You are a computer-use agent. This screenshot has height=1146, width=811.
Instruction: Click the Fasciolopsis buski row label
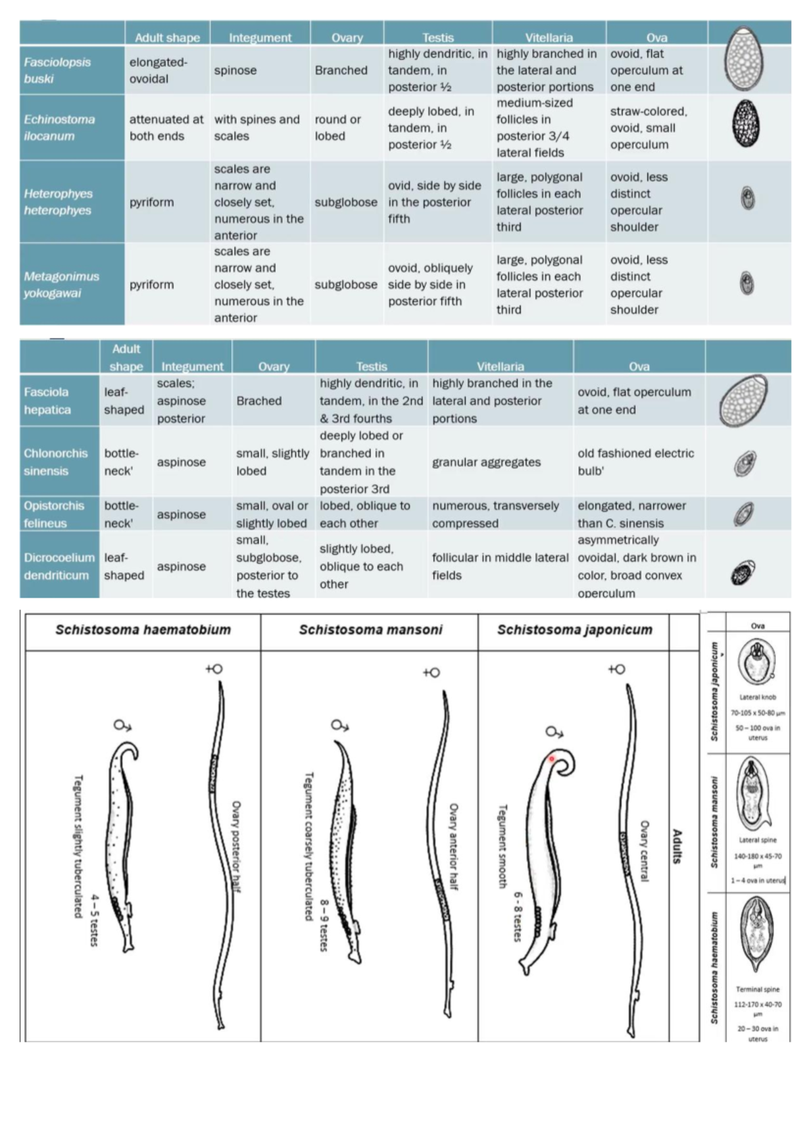coord(57,70)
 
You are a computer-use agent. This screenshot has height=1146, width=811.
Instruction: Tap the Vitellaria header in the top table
coord(549,37)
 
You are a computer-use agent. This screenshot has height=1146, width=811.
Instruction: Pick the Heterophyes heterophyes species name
coord(57,201)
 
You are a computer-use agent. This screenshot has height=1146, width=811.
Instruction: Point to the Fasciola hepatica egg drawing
coord(743,401)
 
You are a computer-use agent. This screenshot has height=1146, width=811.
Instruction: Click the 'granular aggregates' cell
coord(487,462)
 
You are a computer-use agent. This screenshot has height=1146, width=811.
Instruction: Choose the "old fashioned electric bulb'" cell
coord(635,462)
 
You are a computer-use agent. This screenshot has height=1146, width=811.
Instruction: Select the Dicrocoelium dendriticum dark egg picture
coord(743,572)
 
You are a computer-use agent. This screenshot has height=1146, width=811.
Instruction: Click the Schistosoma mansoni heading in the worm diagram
coord(370,630)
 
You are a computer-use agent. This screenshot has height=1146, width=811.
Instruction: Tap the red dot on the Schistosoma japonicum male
coord(551,759)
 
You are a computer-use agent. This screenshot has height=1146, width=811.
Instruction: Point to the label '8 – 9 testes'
coord(324,925)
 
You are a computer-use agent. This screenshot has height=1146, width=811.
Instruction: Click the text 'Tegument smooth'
coord(502,845)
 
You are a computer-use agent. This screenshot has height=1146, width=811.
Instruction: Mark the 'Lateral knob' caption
coord(758,697)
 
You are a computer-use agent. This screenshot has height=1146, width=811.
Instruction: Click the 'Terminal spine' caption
coord(758,989)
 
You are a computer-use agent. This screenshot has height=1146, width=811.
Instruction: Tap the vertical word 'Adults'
coord(677,846)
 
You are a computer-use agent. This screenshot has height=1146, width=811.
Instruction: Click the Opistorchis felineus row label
coord(54,514)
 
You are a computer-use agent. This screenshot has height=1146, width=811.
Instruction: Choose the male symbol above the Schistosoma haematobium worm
coord(122,726)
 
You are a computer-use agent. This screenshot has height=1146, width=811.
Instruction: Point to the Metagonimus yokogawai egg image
coord(747,283)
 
